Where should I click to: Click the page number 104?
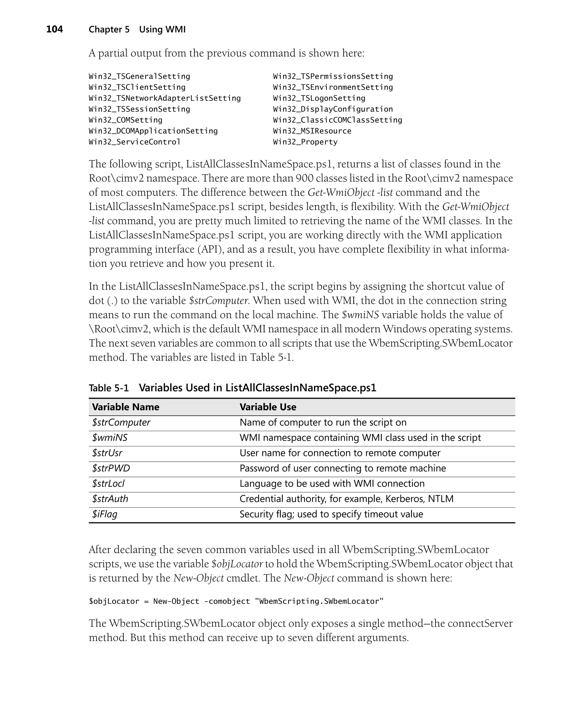[x=54, y=29]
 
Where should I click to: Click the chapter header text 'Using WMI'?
[x=162, y=29]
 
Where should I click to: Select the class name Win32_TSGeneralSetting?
[x=139, y=76]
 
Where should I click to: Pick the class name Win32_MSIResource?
[x=312, y=131]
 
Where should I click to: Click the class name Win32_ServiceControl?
[x=134, y=142]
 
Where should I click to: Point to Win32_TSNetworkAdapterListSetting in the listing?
[x=165, y=98]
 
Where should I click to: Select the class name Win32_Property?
[x=305, y=142]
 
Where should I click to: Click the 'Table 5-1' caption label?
[x=108, y=388]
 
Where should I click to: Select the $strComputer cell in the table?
[x=121, y=422]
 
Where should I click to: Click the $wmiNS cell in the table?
[x=110, y=438]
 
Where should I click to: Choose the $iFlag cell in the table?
[x=105, y=514]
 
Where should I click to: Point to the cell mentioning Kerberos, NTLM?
[x=346, y=499]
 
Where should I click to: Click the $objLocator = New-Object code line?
[x=236, y=601]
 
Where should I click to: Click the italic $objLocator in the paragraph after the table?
[x=237, y=564]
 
